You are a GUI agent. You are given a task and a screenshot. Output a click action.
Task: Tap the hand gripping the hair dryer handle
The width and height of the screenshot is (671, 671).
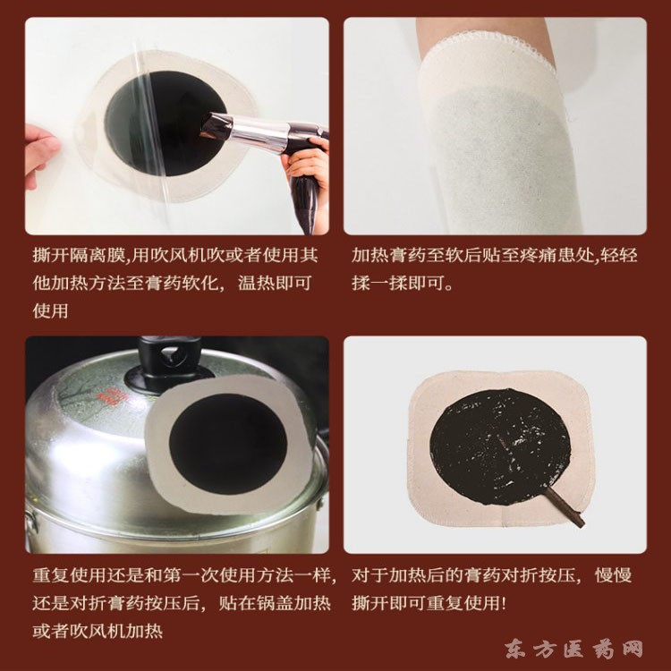(x=305, y=161)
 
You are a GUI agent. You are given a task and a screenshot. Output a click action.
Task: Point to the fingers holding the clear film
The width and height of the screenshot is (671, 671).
(x=39, y=155)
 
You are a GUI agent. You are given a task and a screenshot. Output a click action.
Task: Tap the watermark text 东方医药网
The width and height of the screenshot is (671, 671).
(x=573, y=649)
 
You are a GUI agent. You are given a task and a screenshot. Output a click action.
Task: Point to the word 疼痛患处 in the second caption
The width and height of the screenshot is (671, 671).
(x=556, y=256)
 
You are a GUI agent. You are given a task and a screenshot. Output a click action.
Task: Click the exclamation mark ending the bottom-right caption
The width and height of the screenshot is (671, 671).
(x=503, y=603)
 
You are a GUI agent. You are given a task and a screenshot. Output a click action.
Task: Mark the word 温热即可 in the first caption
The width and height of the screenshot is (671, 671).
(x=275, y=284)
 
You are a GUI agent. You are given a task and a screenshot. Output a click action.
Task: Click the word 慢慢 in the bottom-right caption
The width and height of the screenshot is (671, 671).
(x=613, y=575)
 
